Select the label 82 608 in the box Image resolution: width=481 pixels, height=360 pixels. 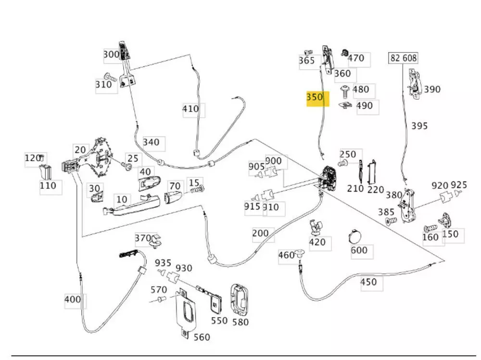(x=403, y=58)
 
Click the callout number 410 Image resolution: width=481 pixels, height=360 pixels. (x=190, y=109)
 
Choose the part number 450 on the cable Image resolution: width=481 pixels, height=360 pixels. (x=368, y=282)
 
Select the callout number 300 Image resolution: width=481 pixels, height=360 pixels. (x=111, y=54)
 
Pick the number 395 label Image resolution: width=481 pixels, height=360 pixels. (x=419, y=125)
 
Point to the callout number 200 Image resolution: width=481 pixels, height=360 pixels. (x=260, y=233)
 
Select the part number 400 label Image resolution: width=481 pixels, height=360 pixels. (x=73, y=299)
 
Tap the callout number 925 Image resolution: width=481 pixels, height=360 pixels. (x=459, y=185)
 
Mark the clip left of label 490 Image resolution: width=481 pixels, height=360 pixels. (x=346, y=105)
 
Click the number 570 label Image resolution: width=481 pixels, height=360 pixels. (x=159, y=289)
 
